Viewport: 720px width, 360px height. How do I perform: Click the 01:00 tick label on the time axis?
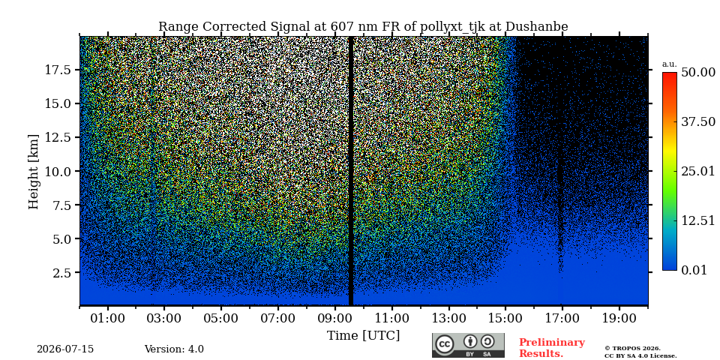coord(108,319)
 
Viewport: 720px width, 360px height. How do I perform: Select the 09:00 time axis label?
coord(335,319)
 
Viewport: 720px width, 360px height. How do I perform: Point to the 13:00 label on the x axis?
coord(448,319)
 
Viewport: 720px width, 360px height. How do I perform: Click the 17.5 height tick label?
coord(58,70)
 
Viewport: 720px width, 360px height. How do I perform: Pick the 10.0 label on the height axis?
coord(58,171)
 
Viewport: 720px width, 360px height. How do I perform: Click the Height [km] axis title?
coord(34,172)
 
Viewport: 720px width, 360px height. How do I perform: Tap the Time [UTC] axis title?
coord(363,336)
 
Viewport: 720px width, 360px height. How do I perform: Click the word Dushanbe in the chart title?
coord(537,27)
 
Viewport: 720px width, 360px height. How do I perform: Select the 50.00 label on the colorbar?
coord(698,73)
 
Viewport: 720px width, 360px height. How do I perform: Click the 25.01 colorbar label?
coord(698,172)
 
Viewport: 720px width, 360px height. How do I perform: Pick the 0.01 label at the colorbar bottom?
coord(694,270)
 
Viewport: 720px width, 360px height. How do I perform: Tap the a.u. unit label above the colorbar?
coord(670,64)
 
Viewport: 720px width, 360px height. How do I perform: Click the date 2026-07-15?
coord(65,349)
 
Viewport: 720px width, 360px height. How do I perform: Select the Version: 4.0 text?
coord(174,349)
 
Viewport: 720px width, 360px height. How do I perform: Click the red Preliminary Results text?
coord(552,348)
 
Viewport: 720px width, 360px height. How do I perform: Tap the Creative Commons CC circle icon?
coord(445,344)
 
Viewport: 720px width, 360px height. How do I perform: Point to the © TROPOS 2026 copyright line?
coord(632,349)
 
